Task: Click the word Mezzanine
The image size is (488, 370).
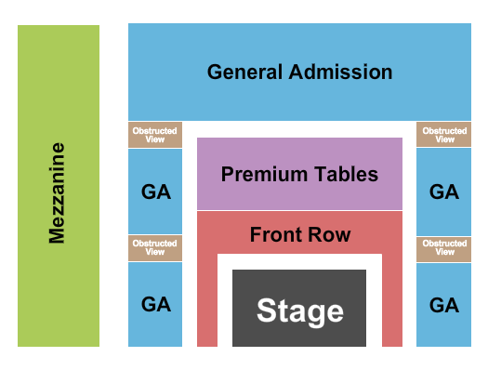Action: (x=58, y=192)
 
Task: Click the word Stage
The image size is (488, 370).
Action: (x=299, y=311)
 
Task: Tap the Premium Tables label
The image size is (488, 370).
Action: (x=299, y=174)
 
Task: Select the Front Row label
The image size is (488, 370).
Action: (x=299, y=234)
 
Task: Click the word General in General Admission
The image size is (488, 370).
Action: (x=244, y=72)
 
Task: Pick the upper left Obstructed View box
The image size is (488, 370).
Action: (x=155, y=135)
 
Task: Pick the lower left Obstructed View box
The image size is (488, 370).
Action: (x=155, y=248)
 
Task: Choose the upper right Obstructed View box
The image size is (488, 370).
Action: (x=444, y=135)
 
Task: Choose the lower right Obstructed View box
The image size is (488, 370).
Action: (x=444, y=248)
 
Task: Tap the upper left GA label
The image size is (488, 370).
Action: (x=155, y=192)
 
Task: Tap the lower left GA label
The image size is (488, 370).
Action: (x=155, y=304)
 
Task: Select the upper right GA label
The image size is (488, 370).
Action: (x=444, y=192)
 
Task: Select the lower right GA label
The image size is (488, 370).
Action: (x=444, y=304)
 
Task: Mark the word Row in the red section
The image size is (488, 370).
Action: (x=333, y=234)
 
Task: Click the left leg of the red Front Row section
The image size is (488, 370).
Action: (x=206, y=302)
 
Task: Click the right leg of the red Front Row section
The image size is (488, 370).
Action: (x=392, y=302)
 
